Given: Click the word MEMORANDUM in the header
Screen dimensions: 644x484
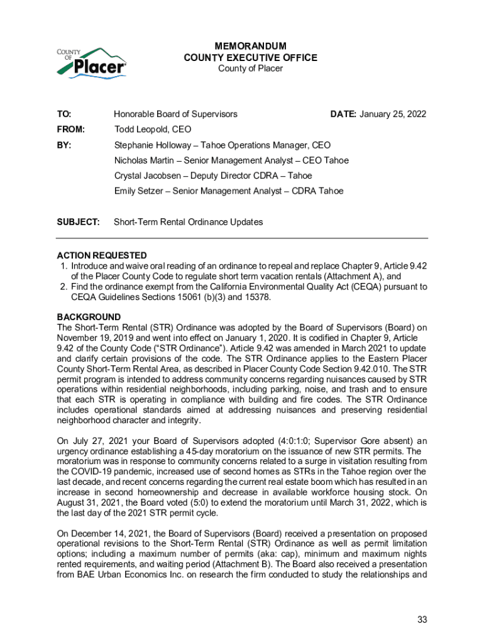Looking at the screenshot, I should click(x=250, y=47).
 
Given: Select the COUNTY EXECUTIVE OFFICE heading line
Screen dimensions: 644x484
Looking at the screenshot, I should click(x=250, y=58).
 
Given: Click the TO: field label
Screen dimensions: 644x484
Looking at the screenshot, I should click(x=64, y=114).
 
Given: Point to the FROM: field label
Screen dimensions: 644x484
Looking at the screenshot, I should click(x=70, y=130).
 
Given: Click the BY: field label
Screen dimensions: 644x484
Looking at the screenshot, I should click(x=64, y=145).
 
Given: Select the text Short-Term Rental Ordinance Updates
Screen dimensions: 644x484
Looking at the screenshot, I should click(x=189, y=222).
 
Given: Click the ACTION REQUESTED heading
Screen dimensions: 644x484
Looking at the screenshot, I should click(x=102, y=255).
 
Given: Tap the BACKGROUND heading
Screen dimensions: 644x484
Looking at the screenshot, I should click(x=89, y=317).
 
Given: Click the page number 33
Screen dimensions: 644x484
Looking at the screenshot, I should click(x=422, y=619).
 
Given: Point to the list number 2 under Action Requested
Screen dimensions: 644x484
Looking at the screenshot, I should click(x=63, y=287).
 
